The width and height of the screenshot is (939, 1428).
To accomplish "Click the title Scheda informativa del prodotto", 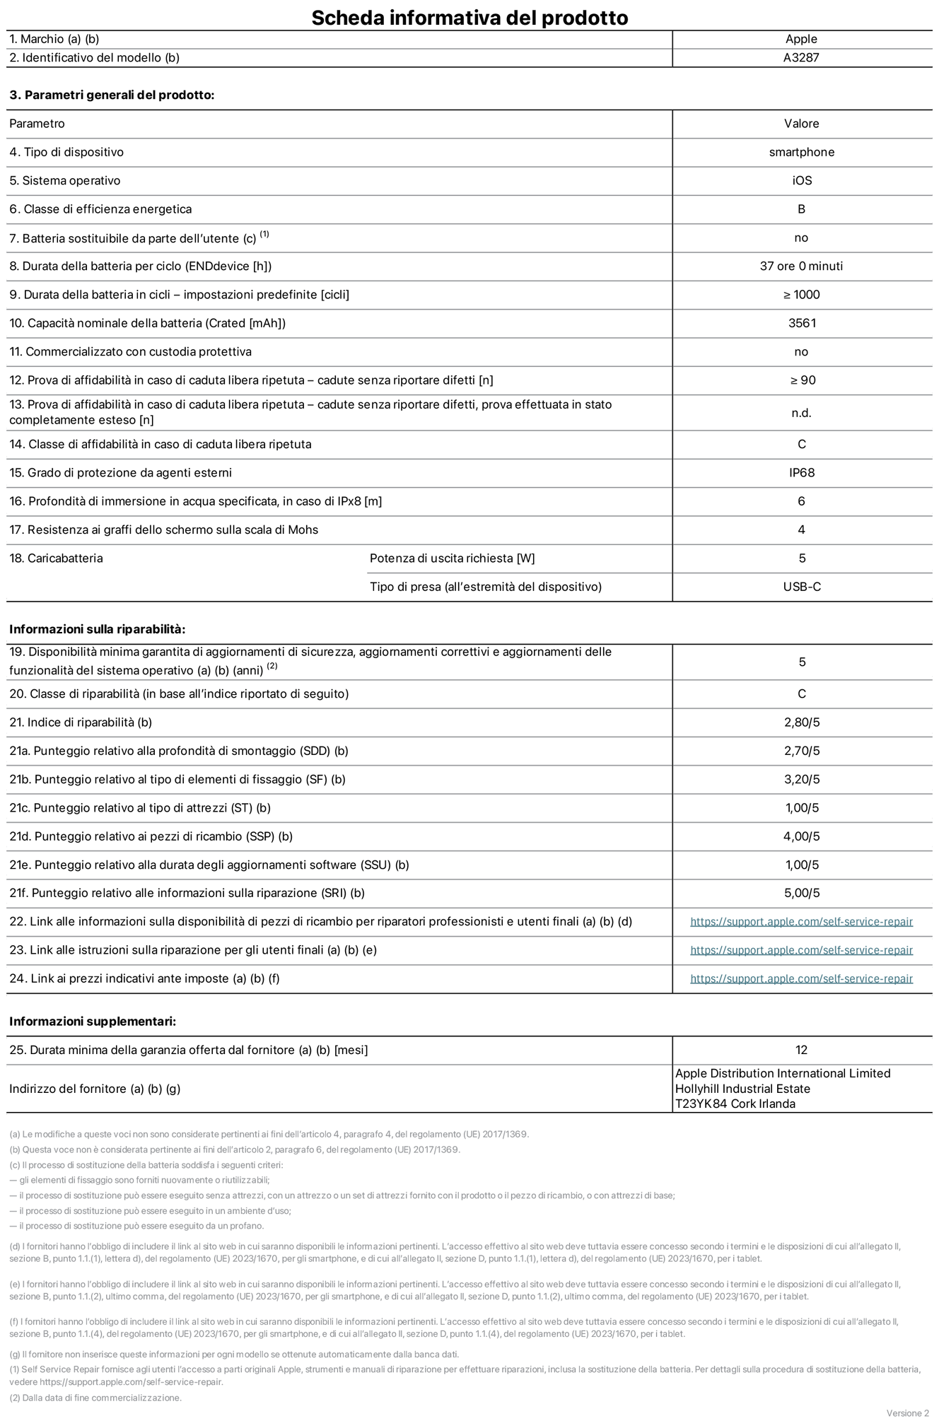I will point(469,18).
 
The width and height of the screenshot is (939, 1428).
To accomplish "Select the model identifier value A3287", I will point(801,58).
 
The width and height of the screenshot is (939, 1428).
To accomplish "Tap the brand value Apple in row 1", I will point(801,40).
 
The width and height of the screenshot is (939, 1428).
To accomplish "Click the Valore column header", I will point(801,124).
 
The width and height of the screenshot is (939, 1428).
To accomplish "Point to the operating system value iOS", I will point(802,181).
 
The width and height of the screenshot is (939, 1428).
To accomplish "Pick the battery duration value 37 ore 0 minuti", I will point(801,267).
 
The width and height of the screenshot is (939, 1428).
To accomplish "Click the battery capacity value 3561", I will point(802,323).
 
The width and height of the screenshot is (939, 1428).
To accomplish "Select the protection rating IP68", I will point(802,473).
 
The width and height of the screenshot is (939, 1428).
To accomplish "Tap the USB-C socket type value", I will point(802,587).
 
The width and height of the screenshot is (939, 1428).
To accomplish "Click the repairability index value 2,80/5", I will point(802,722).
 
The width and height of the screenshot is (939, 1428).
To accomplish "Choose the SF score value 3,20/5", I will point(802,780).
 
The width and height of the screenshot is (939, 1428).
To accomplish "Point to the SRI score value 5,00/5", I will point(802,894).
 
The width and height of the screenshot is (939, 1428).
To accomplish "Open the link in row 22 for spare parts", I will point(801,922).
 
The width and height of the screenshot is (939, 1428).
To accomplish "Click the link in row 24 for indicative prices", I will point(801,979).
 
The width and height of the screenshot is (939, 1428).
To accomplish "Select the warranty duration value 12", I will point(801,1050).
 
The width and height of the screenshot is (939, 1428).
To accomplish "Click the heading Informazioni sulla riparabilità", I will point(97,629).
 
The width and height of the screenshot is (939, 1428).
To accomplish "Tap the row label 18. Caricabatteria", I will point(56,558).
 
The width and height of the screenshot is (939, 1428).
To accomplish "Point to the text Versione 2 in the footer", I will point(907,1413).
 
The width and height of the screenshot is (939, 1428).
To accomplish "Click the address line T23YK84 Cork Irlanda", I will point(735,1104).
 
